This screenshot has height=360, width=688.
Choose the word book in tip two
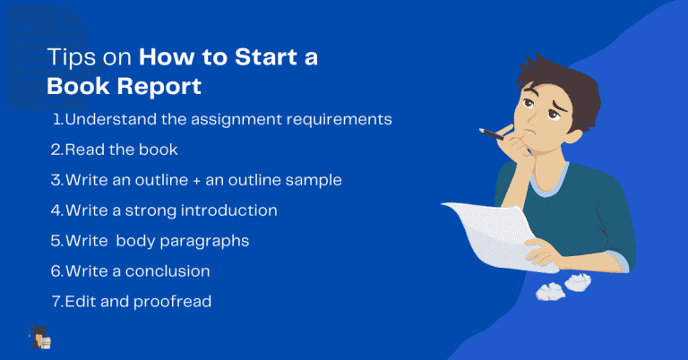click(x=159, y=150)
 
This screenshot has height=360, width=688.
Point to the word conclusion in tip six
click(x=165, y=271)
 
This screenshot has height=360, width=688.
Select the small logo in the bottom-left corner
click(x=39, y=339)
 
